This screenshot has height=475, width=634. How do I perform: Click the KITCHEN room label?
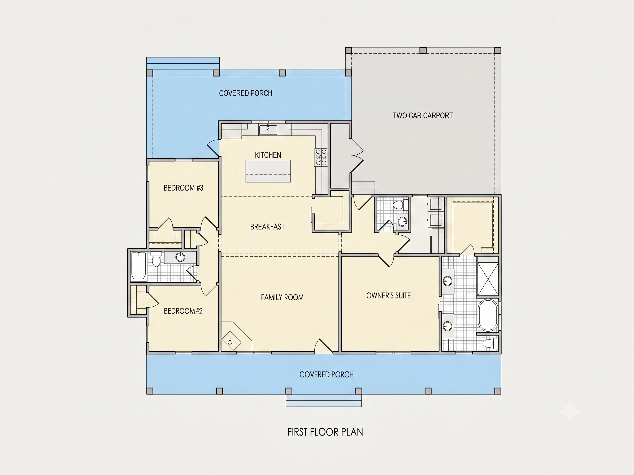268,155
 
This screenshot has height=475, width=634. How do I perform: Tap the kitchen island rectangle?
268,171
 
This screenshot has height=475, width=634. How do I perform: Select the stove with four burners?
321,157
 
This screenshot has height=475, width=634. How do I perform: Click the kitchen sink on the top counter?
268,130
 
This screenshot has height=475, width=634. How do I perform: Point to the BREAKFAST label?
267,227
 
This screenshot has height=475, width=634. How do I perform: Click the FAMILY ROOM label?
282,297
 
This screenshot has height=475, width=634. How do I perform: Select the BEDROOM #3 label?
184,188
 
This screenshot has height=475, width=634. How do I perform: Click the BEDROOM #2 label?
183,311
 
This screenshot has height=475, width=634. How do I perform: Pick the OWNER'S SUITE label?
388,296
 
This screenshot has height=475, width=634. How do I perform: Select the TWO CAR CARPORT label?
423,116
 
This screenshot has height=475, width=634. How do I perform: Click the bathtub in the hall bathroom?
138,265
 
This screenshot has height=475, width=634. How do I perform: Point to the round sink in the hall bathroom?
180,257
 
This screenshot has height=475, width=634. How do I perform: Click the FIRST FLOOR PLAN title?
325,432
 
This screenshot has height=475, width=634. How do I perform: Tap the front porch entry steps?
324,400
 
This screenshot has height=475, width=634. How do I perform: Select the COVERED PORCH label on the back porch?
246,93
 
